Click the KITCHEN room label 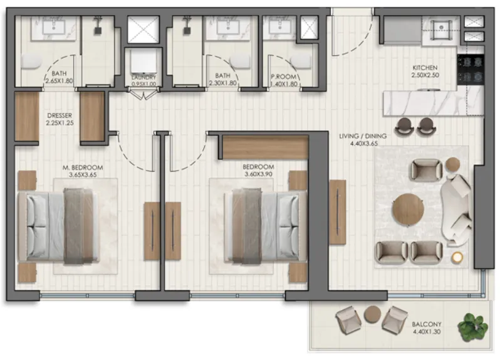coord(425,68)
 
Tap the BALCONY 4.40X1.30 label coord(427,328)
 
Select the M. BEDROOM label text coord(83,167)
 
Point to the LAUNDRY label coord(144,77)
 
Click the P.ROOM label coord(284,77)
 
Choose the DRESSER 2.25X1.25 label coord(60,119)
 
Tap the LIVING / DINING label coord(363,136)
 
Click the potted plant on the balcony coord(472,327)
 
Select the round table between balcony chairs coord(372,314)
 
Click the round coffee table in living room coord(408,209)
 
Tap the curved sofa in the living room coord(456,211)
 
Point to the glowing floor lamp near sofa coord(457,257)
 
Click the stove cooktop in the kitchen coord(471,69)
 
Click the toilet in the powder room coord(301,61)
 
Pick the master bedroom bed coord(59,226)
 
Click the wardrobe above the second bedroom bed coord(265,147)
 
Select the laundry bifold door coord(143,95)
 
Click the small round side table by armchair coord(452,164)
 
